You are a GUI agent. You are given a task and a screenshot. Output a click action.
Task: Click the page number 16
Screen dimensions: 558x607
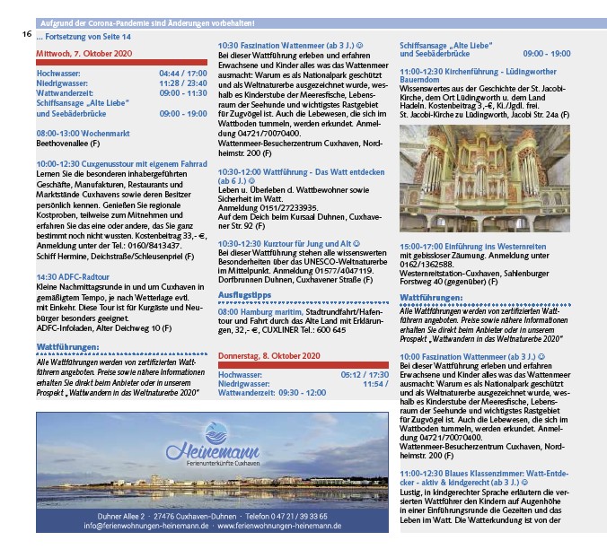[27, 35]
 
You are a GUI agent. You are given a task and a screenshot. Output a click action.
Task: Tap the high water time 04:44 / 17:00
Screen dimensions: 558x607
[182, 74]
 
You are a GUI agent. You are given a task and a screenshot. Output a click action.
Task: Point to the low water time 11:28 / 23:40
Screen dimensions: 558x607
[182, 83]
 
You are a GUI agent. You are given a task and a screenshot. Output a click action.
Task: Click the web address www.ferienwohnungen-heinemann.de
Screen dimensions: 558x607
[278, 526]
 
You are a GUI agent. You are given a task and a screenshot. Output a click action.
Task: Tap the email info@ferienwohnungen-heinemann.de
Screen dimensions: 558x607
[147, 526]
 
